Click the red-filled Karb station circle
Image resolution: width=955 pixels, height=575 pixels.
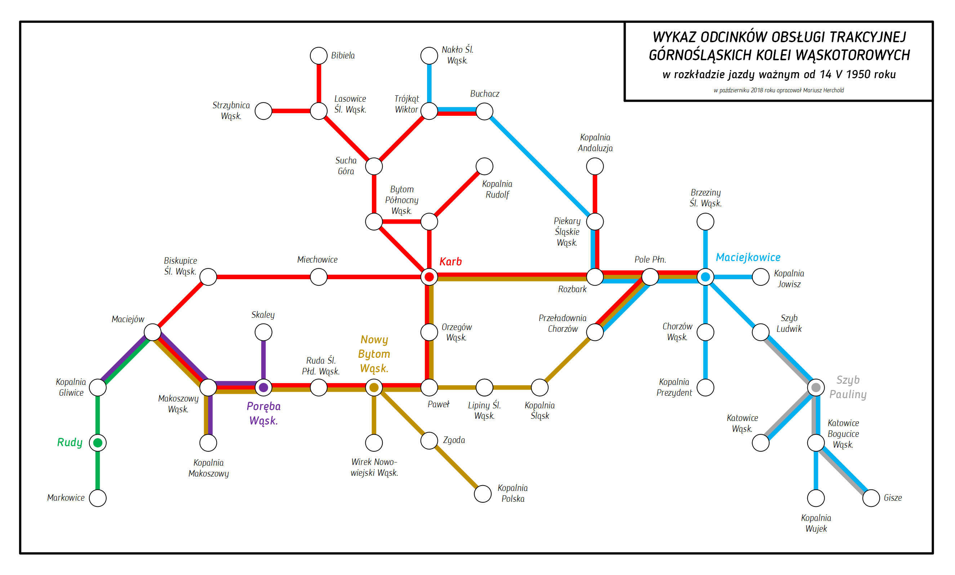click(429, 277)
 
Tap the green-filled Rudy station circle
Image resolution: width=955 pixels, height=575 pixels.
click(98, 443)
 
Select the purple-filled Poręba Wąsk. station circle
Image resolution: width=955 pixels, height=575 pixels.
click(263, 387)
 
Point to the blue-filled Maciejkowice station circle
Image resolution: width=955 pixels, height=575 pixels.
click(705, 277)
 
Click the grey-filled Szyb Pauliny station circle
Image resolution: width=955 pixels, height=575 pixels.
click(815, 387)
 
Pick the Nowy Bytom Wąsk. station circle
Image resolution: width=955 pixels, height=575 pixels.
click(374, 387)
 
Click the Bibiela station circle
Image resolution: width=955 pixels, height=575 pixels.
click(319, 56)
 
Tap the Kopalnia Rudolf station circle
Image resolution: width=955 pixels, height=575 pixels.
click(484, 166)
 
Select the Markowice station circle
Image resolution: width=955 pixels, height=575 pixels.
click(98, 498)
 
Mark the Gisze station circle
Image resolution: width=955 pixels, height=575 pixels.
click(871, 498)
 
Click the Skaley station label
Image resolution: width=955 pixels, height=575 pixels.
click(263, 315)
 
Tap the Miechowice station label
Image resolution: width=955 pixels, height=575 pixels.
click(317, 260)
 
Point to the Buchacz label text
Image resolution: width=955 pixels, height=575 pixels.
click(484, 94)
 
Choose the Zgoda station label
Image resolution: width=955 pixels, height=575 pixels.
click(454, 440)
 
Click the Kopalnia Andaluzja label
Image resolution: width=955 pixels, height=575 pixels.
click(595, 142)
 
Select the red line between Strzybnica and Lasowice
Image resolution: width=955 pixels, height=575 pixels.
click(291, 111)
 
